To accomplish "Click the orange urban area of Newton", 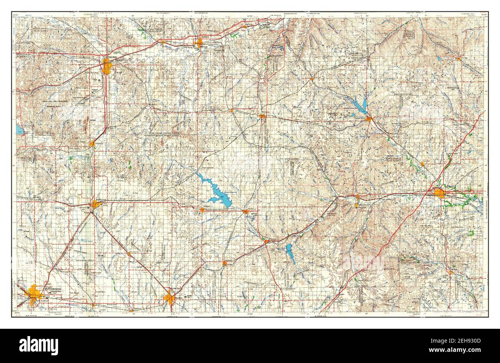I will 169,298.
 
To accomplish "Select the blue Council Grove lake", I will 362,105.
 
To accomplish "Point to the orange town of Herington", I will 262,116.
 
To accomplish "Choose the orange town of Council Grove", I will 368,119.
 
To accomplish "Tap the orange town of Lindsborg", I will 92,143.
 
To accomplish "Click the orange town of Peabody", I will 225,263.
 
